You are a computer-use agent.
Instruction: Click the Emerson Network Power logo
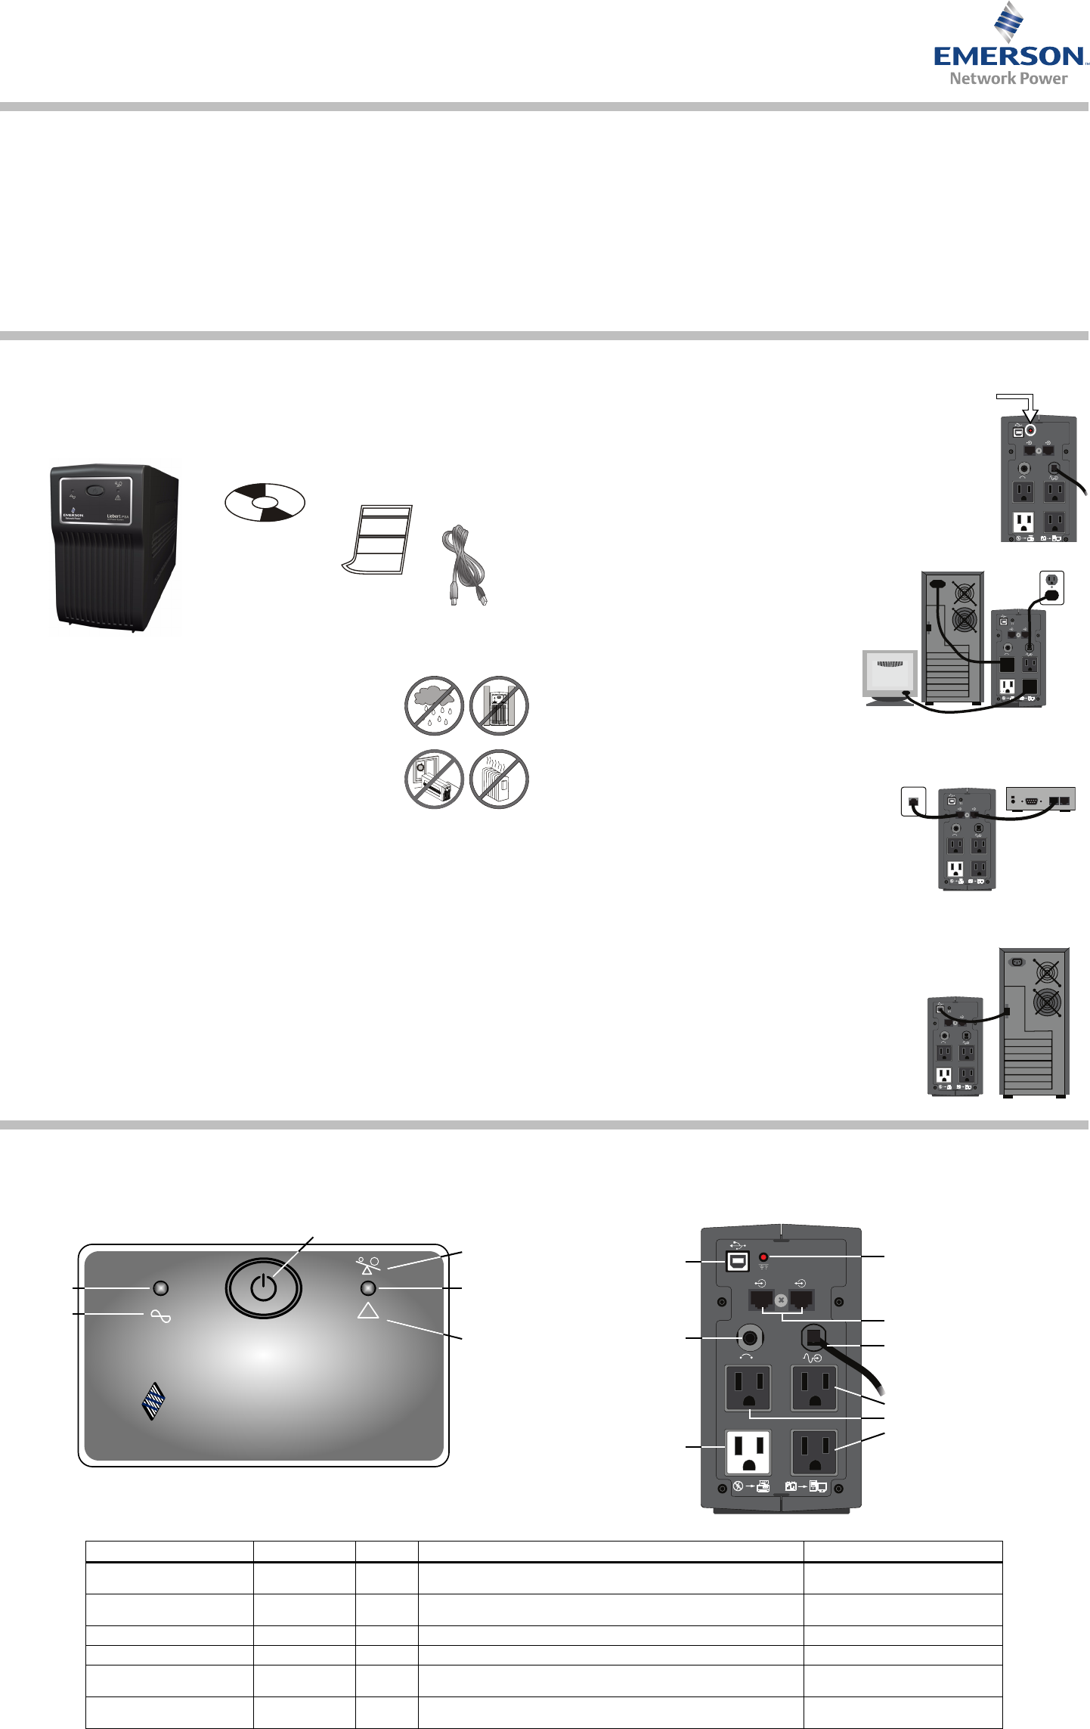coord(1009,45)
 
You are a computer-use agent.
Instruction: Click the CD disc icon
coord(265,502)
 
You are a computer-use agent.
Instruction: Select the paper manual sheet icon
coord(376,538)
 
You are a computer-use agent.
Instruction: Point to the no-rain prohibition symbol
coord(435,705)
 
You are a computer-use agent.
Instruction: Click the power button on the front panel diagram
coord(263,1287)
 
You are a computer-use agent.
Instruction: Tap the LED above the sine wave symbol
coord(160,1287)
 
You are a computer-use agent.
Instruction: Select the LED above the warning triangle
coord(368,1288)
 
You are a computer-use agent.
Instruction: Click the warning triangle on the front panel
coord(368,1311)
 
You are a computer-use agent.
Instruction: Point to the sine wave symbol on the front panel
coord(160,1316)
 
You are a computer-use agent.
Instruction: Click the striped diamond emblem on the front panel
coord(154,1403)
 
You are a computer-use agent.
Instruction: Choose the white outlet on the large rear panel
coord(748,1452)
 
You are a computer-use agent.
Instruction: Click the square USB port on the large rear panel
coord(737,1261)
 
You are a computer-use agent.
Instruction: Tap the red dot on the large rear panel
coord(763,1256)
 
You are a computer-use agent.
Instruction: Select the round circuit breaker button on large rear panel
coord(749,1338)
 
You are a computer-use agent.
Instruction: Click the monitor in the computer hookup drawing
coord(890,674)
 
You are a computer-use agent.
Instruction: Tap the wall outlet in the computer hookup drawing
coord(1051,587)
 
